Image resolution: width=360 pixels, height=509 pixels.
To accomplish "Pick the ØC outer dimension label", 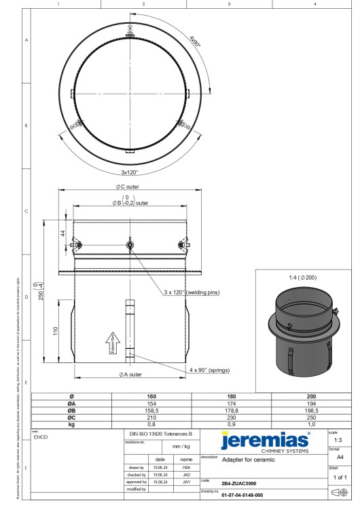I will [128, 187].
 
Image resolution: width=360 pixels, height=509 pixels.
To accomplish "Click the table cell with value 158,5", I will [156, 409].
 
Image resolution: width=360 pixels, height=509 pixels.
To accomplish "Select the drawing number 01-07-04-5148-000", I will [241, 495].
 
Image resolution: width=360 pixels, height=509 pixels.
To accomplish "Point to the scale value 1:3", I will [338, 440].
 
